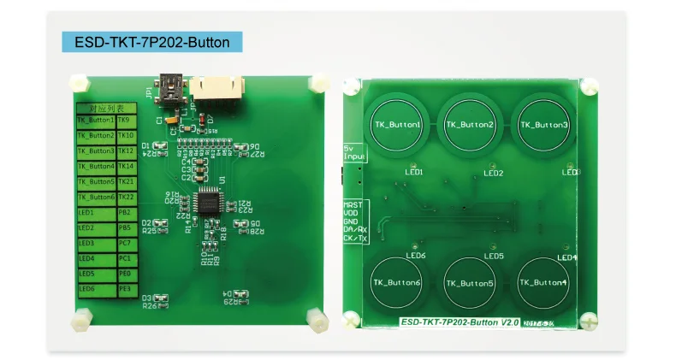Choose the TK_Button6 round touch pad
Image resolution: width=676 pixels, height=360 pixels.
(x=397, y=283)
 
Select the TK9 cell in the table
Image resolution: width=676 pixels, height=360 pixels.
(x=125, y=121)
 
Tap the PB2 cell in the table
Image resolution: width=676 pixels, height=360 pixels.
(x=125, y=212)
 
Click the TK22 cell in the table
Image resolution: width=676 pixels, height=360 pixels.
(x=126, y=197)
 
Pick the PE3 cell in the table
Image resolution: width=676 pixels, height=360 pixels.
(x=125, y=289)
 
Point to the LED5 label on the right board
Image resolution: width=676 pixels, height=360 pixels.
(x=494, y=256)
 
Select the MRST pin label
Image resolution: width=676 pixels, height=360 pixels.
(x=353, y=206)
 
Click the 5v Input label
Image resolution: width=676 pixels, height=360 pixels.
(x=353, y=151)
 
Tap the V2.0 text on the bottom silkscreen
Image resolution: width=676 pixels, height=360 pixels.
(x=511, y=322)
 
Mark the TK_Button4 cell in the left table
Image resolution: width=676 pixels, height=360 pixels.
(x=96, y=166)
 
